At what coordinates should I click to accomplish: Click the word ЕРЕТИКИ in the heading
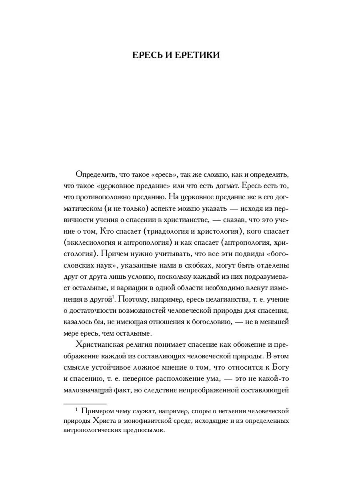pyautogui.click(x=197, y=55)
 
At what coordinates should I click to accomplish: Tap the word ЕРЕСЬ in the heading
pyautogui.click(x=148, y=55)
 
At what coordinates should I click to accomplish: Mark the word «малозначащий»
pyautogui.click(x=88, y=390)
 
